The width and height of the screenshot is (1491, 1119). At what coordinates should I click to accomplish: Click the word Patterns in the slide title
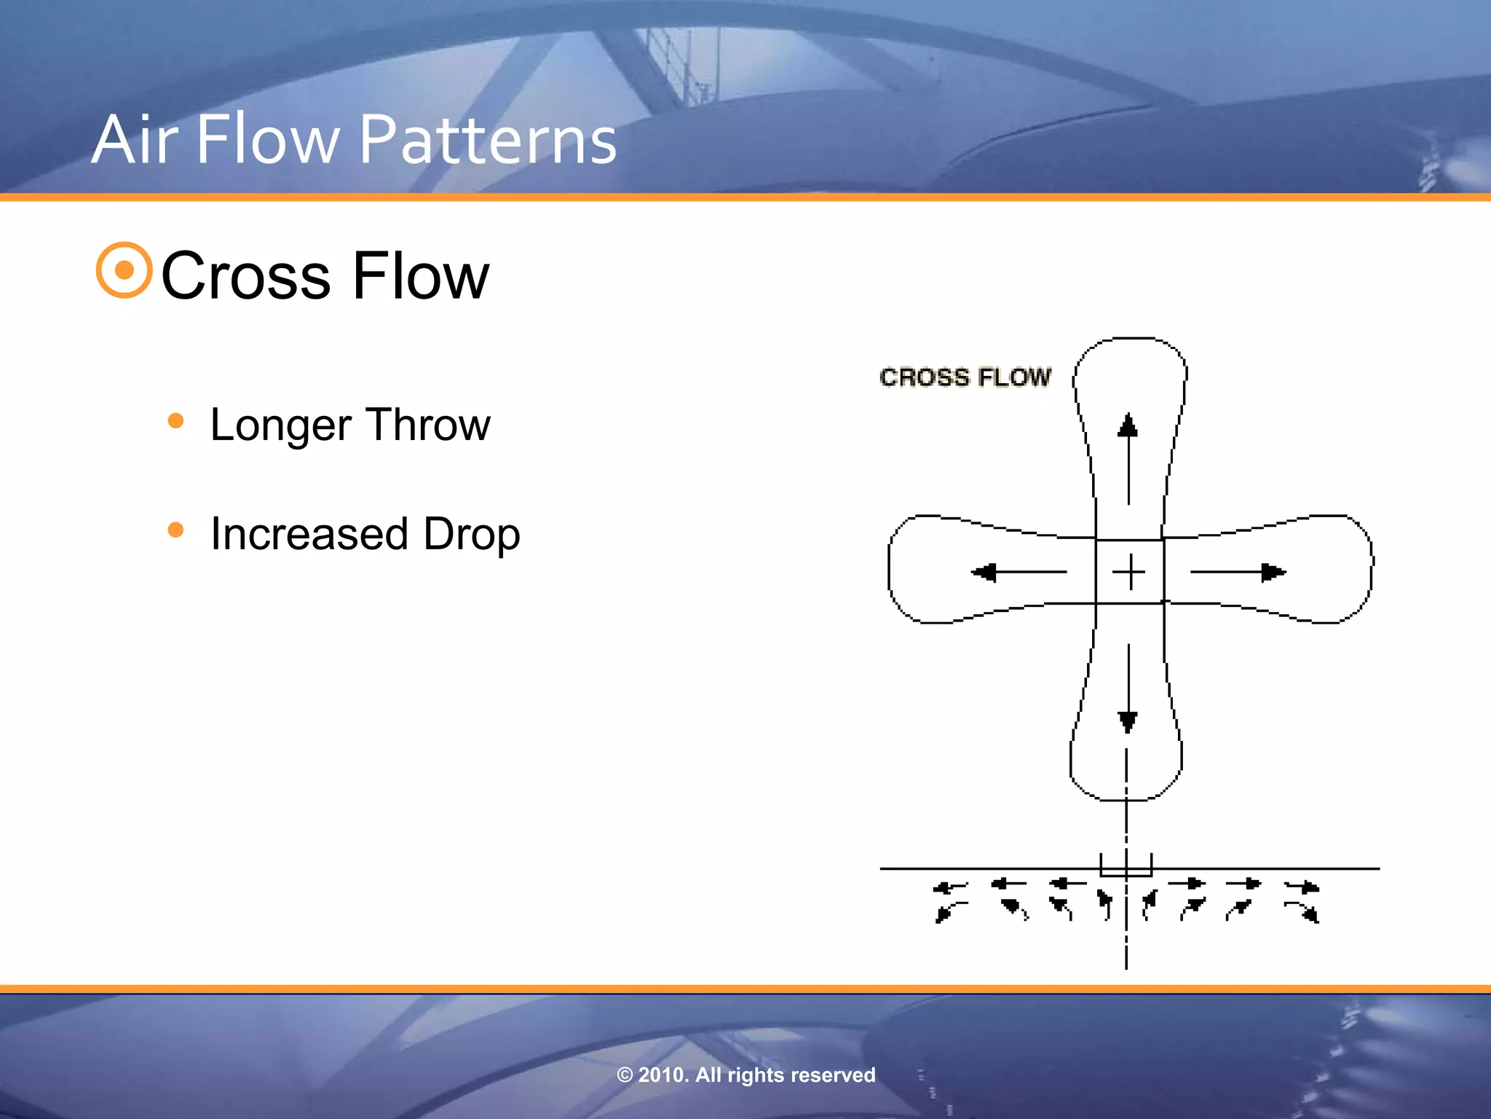(488, 140)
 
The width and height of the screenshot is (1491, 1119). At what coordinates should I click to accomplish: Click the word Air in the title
(135, 140)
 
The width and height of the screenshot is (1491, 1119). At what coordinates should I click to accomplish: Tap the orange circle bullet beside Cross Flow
(124, 270)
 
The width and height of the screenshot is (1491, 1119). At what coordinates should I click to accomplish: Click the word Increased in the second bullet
(309, 534)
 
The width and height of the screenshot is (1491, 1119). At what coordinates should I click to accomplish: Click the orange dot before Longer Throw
(175, 420)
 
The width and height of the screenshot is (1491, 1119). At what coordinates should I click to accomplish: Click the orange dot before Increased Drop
(175, 530)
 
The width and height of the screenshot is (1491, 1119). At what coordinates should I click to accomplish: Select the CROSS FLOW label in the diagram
(965, 377)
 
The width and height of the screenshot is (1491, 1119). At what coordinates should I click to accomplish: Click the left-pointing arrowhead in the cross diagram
(985, 573)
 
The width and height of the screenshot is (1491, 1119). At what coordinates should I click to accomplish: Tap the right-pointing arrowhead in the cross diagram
(1273, 573)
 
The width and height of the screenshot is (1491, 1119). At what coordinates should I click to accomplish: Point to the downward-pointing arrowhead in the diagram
(1128, 721)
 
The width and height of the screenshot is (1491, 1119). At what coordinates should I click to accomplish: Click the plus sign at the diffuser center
(1129, 572)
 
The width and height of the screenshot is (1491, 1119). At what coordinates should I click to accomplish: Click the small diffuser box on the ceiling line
(1126, 865)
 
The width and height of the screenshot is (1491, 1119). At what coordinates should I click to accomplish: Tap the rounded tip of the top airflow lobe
(1131, 340)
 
